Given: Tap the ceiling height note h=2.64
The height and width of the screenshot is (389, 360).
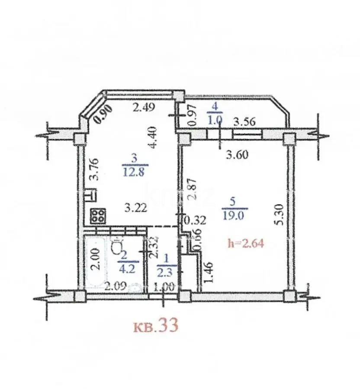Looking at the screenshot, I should tap(246, 243).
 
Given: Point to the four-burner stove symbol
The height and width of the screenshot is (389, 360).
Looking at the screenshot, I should tap(98, 216).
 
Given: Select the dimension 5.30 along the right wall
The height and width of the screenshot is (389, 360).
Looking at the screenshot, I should tap(280, 214).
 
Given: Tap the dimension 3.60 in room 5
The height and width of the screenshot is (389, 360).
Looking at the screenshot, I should tap(238, 154).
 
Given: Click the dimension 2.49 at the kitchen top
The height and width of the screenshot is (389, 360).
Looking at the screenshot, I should tap(144, 107).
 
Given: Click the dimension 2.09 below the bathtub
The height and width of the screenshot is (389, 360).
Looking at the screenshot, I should tap(115, 285).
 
